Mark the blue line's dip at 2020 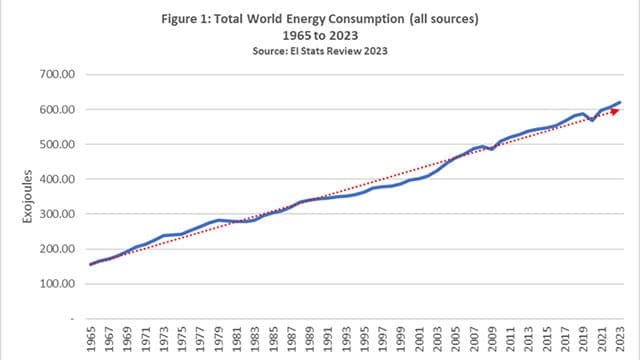593,120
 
